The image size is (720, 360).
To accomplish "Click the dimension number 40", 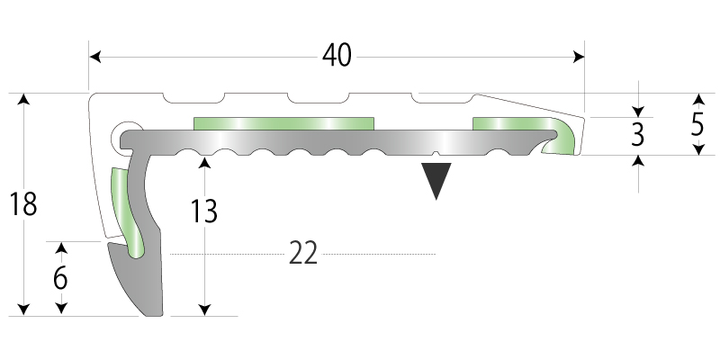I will (336, 56).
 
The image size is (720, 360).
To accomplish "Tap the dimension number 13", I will (205, 211).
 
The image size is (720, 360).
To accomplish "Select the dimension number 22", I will (303, 256).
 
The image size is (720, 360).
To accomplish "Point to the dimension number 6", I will (60, 278).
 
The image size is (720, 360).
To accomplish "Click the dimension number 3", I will (638, 135).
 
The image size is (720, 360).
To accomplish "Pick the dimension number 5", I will (697, 123).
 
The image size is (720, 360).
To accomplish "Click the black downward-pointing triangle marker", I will (436, 179).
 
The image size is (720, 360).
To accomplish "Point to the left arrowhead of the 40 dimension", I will (94, 57).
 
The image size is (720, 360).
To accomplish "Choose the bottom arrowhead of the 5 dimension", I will (697, 150).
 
